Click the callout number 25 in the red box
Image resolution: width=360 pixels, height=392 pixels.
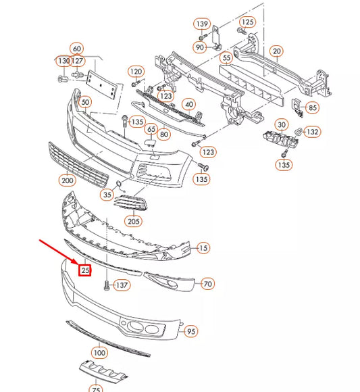click(84, 271)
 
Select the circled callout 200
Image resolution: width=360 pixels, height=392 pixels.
click(68, 180)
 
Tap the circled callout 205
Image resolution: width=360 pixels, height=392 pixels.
click(134, 220)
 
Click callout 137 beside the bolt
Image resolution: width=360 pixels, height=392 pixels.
click(121, 286)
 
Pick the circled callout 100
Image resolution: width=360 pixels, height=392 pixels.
click(100, 353)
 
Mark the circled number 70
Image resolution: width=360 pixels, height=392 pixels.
click(207, 284)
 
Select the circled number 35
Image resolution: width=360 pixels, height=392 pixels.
click(107, 195)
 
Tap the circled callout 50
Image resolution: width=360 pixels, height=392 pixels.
click(85, 103)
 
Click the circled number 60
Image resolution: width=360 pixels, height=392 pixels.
click(77, 49)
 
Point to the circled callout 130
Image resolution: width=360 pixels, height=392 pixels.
click(64, 62)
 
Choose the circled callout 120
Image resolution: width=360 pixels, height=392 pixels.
click(136, 72)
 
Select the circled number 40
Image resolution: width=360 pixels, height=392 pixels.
click(188, 104)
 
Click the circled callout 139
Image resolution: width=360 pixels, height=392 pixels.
click(201, 24)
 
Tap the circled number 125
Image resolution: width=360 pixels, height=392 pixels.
click(248, 22)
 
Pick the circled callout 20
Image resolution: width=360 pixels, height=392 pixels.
click(276, 51)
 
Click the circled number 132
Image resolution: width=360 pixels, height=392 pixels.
click(313, 132)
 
